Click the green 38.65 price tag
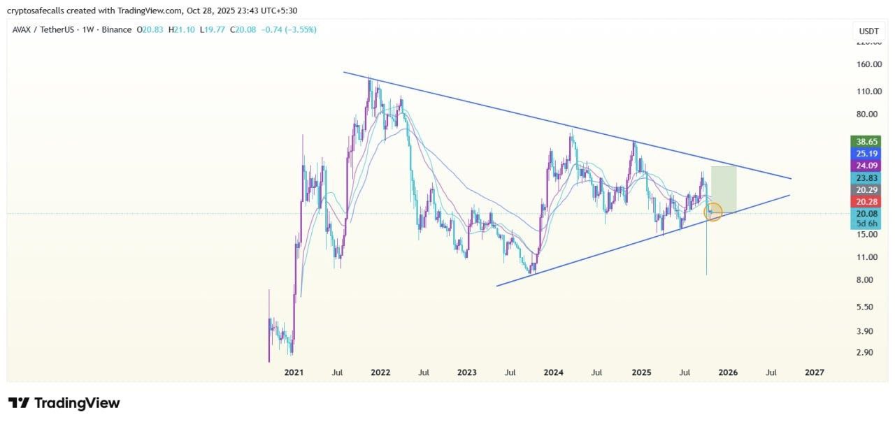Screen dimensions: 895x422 point(866,142)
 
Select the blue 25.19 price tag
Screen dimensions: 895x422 point(866,154)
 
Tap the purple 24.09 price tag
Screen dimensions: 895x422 point(866,166)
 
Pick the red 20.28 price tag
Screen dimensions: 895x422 point(866,202)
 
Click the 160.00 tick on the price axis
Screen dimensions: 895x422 point(869,64)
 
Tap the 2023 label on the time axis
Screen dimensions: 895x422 point(466,372)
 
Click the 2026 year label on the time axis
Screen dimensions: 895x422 point(728,372)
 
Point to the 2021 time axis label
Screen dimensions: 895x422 point(294,372)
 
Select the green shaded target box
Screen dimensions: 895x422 point(724,189)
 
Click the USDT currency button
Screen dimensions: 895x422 point(868,31)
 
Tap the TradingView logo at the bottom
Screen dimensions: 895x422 point(64,403)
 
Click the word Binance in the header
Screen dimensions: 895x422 point(116,29)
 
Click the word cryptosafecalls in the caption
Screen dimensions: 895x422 point(36,10)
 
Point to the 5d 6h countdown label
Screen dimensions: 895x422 point(866,223)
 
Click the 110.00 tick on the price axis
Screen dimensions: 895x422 point(869,92)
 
